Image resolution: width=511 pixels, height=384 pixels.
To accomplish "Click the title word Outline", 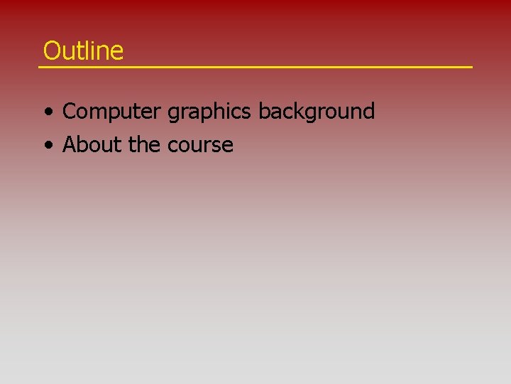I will [x=83, y=50].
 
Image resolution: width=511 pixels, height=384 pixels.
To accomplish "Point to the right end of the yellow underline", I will [x=471, y=67].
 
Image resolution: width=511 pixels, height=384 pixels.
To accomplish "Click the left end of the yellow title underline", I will [x=40, y=67].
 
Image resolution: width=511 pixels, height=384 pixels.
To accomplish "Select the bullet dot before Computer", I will [x=48, y=112].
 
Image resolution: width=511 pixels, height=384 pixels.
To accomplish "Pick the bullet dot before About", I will [x=48, y=146].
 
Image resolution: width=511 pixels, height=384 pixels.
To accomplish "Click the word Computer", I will [x=113, y=112].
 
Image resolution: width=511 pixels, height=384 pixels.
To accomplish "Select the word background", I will [x=316, y=112].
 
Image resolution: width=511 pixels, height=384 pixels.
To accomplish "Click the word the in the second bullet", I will [x=145, y=145].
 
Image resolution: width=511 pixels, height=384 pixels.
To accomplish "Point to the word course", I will [x=201, y=146].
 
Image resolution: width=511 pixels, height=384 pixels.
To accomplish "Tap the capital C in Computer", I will [x=70, y=112].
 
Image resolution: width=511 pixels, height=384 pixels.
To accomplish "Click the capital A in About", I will [x=70, y=145].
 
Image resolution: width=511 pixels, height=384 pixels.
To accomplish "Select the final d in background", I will [x=368, y=112].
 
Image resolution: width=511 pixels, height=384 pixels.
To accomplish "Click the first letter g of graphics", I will [x=173, y=113].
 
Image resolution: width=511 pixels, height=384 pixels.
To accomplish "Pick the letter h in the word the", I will [x=144, y=145].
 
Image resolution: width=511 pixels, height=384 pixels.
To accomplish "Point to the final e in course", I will [x=228, y=146].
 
